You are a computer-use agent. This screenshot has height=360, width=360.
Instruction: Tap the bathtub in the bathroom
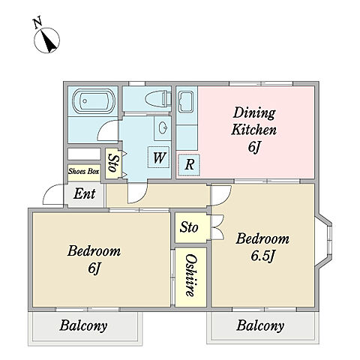[94, 101]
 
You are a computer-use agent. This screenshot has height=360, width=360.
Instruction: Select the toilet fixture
[157, 98]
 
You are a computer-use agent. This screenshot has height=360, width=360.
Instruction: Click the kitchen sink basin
[186, 101]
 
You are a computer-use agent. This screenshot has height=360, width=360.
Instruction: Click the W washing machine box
[158, 157]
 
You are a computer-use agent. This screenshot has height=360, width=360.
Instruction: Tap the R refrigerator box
[189, 165]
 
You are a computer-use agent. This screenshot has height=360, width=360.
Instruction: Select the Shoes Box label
[84, 171]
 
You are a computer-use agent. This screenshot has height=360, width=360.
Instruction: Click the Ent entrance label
[85, 193]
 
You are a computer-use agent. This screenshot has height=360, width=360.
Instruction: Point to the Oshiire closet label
[190, 275]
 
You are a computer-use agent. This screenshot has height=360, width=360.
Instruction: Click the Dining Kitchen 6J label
[254, 130]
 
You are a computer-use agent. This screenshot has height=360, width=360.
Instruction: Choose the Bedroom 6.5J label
[262, 247]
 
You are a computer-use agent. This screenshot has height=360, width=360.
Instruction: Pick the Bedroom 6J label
[94, 259]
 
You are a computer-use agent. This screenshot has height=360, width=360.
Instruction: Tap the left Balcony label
[83, 325]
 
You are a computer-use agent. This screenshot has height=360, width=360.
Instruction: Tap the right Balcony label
[260, 325]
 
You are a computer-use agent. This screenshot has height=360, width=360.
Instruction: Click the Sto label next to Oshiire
[189, 227]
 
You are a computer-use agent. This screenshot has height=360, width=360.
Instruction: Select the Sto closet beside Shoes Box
[113, 163]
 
